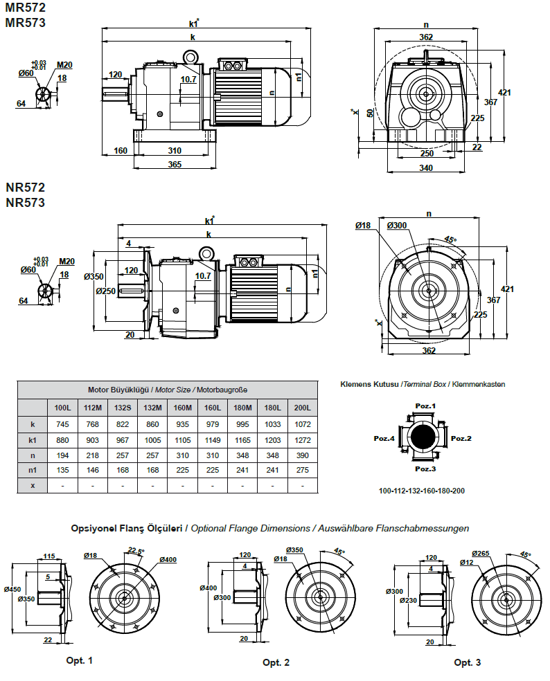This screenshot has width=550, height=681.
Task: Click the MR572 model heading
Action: (26, 8)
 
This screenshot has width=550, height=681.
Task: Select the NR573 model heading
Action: (26, 203)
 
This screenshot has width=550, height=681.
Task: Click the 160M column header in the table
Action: (183, 408)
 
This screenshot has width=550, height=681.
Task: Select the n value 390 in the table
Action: (302, 455)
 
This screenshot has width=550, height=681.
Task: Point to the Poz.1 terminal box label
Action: (425, 406)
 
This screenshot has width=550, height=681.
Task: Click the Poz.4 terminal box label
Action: (384, 438)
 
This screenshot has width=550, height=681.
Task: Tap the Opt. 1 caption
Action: (79, 660)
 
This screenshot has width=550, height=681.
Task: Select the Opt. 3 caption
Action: (467, 662)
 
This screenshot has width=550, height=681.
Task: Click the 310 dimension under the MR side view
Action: (174, 150)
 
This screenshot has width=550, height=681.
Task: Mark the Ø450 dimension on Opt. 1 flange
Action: (12, 590)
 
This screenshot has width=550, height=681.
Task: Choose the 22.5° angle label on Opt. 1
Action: (136, 551)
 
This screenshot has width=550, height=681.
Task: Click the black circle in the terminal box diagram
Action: (423, 437)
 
